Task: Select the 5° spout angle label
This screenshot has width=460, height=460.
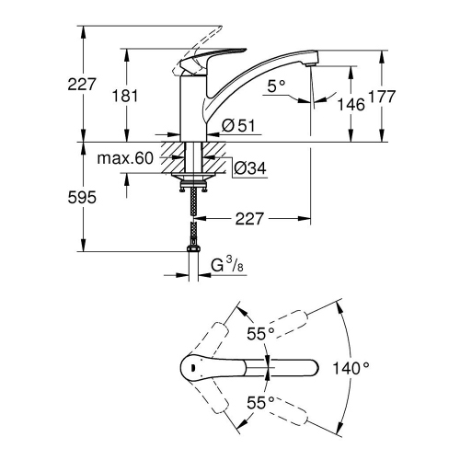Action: tap(277, 85)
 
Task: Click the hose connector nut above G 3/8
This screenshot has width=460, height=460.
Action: tap(194, 251)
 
